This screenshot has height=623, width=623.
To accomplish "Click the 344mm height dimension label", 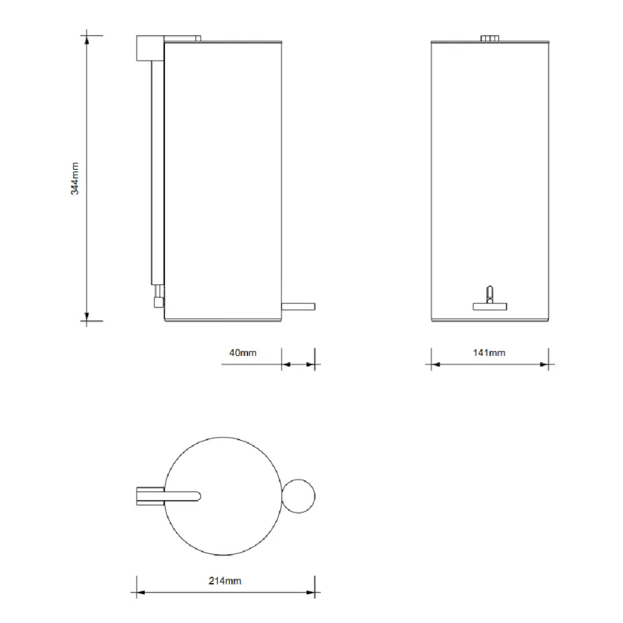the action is pyautogui.click(x=75, y=178).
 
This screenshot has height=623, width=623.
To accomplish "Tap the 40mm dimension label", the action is pyautogui.click(x=243, y=353).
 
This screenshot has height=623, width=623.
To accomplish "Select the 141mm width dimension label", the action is pyautogui.click(x=489, y=353).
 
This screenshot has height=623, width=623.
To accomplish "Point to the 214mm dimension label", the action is pyautogui.click(x=225, y=581).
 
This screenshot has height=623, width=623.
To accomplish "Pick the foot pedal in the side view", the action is pyautogui.click(x=298, y=307).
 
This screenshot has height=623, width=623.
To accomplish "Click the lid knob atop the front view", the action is pyautogui.click(x=490, y=38).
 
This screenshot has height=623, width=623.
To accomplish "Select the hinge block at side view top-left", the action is pyautogui.click(x=150, y=48).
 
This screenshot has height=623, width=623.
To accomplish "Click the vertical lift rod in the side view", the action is pyautogui.click(x=158, y=173).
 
